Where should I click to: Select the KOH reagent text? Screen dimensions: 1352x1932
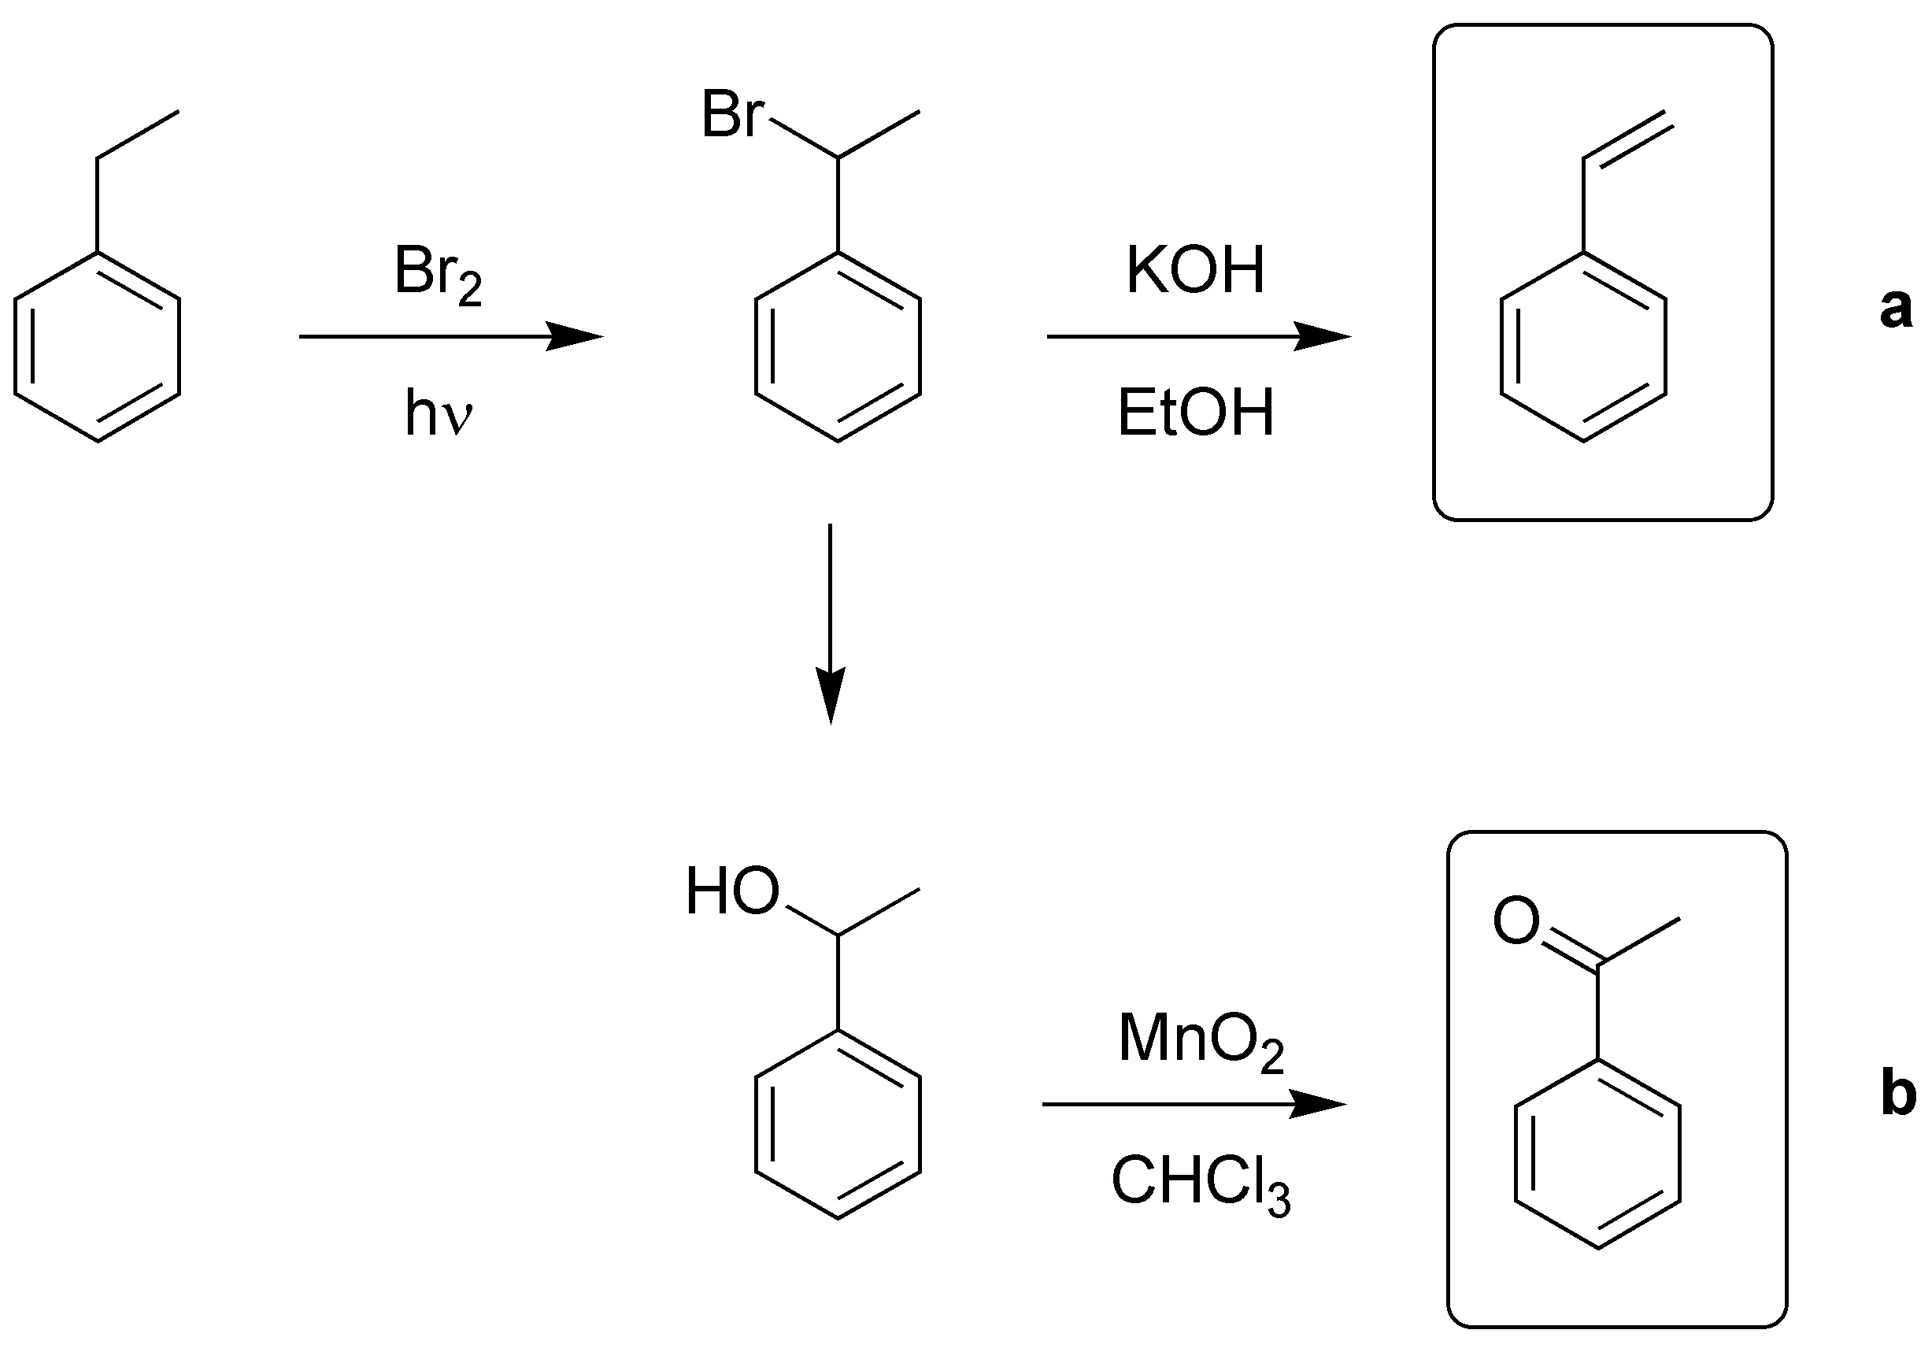coord(1195,271)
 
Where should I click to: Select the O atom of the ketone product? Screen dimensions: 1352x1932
coord(1516,921)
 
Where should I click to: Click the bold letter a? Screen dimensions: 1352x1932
coord(1895,308)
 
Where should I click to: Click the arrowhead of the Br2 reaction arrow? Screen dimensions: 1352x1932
coord(579,337)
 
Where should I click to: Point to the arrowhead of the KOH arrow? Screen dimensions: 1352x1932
coord(1325,337)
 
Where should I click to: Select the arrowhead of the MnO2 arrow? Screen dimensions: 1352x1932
coord(1321,1104)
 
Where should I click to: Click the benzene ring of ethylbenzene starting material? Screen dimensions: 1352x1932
coord(98,346)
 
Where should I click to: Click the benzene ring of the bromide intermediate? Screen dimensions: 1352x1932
coord(838,346)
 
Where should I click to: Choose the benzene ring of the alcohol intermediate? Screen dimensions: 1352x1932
coord(838,1123)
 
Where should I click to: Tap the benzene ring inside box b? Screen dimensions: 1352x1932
coord(1598,1154)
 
